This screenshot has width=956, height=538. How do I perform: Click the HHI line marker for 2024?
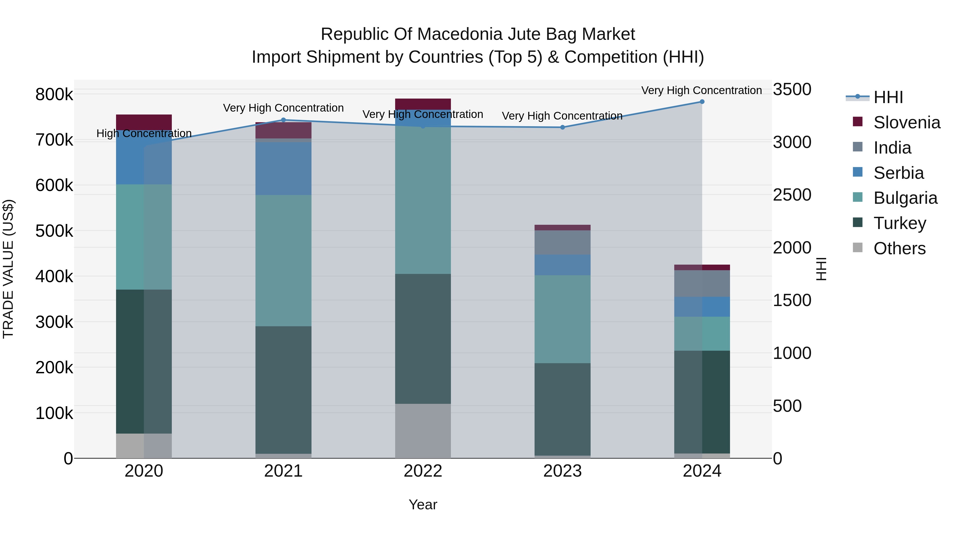pos(702,102)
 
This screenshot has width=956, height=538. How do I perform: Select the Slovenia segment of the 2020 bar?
pos(144,122)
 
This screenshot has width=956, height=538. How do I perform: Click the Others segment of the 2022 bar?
pos(423,431)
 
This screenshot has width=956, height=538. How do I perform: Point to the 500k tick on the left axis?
pos(54,231)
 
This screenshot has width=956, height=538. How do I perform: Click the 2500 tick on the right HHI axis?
pos(792,195)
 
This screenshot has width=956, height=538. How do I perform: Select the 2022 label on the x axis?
pos(423,471)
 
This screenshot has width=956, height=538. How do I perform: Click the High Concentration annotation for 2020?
pos(144,133)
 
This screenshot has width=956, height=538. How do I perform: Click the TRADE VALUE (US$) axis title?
pos(8,269)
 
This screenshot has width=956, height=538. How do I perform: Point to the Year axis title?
pos(423,505)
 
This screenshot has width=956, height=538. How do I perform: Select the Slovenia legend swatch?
pos(858,121)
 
